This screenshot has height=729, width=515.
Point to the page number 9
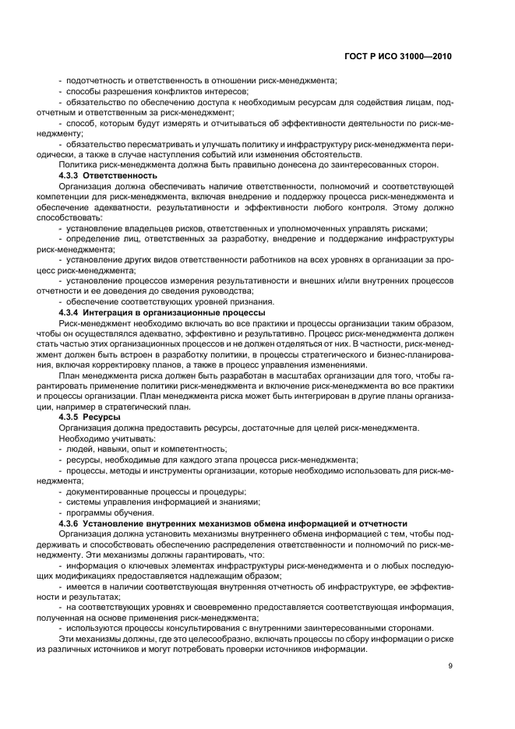coord(450,666)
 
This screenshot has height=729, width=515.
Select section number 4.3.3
coord(72,175)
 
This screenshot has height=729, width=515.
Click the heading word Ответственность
coord(125,175)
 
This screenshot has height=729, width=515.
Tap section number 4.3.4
coord(72,312)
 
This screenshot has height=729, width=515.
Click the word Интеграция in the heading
coord(115,312)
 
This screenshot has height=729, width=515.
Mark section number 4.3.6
coord(72,523)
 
